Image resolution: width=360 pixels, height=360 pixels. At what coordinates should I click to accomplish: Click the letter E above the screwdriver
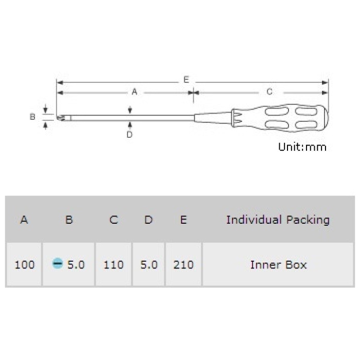tap(186, 80)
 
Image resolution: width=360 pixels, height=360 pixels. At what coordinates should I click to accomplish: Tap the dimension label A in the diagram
tap(135, 92)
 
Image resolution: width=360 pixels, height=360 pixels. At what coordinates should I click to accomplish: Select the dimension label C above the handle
tap(269, 92)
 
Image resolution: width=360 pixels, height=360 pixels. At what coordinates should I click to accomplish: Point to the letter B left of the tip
tap(32, 117)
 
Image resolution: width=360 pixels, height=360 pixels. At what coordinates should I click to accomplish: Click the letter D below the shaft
tap(130, 134)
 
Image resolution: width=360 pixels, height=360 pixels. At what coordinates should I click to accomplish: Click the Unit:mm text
tap(302, 147)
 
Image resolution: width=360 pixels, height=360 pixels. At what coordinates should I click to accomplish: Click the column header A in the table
tap(24, 220)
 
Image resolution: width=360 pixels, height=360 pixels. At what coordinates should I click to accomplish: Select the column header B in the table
tap(69, 220)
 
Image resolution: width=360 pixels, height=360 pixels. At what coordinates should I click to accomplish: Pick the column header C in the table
tap(114, 220)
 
